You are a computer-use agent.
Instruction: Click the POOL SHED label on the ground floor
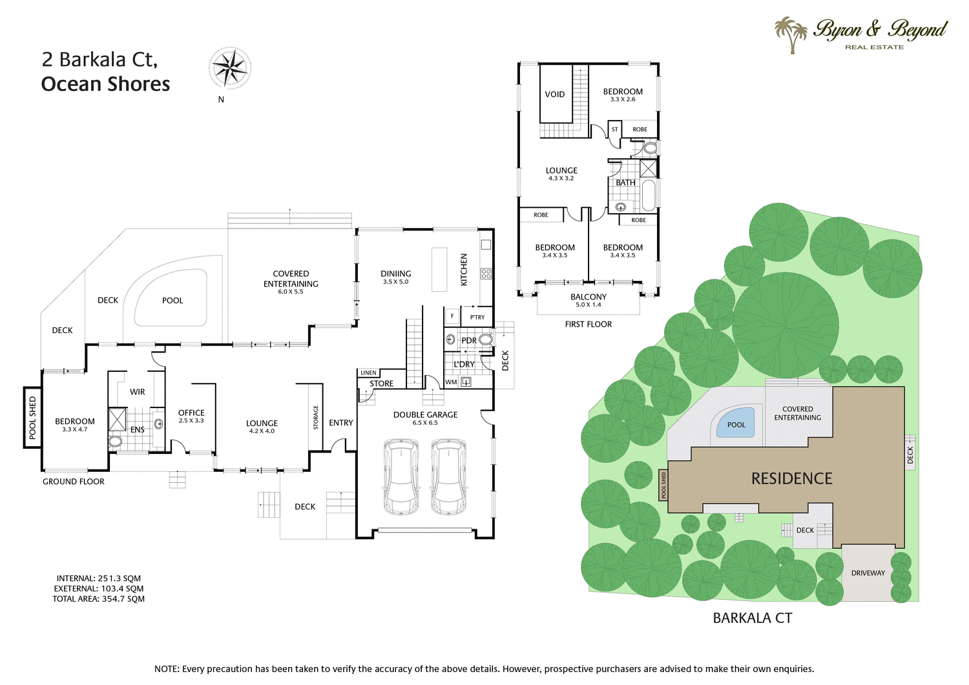click(32, 418)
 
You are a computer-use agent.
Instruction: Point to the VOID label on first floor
click(555, 94)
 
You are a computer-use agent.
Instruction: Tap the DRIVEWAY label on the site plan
click(868, 573)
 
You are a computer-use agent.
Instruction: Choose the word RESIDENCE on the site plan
click(791, 478)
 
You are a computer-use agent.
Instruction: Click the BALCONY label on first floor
click(589, 297)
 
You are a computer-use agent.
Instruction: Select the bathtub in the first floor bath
click(649, 196)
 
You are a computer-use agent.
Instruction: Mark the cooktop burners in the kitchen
click(486, 274)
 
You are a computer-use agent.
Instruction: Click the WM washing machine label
click(451, 382)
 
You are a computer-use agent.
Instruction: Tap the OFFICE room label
click(191, 413)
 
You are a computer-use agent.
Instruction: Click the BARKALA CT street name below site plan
click(752, 618)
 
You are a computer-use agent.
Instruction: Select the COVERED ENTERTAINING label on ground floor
click(291, 279)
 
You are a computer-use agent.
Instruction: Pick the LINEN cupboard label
click(368, 373)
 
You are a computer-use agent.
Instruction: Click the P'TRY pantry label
click(477, 317)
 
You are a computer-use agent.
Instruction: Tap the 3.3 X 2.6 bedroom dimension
click(623, 99)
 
